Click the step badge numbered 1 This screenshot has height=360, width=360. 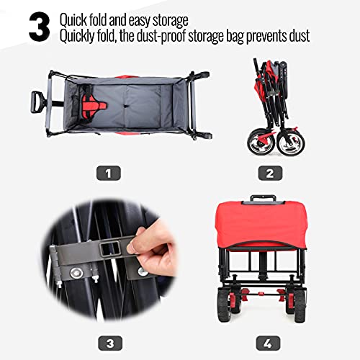click(109, 173)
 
